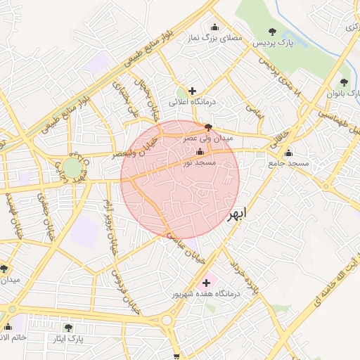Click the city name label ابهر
238,215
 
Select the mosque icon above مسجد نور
200,153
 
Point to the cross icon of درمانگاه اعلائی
192,91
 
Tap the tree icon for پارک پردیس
273,31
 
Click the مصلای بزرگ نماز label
214,39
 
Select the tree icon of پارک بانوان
343,82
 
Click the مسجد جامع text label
288,163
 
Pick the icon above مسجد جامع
288,153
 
